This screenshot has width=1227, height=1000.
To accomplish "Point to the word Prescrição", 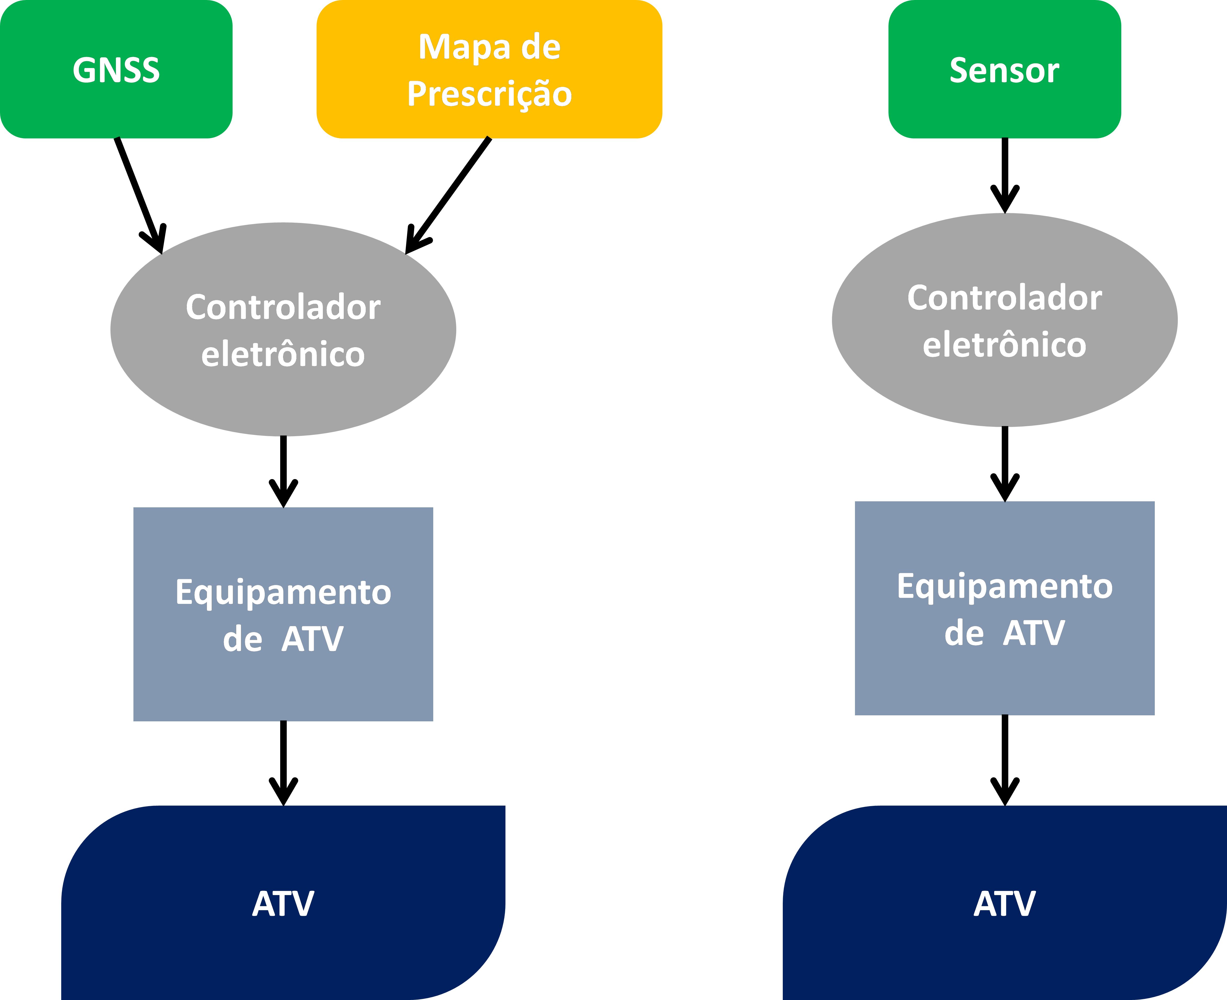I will [x=489, y=94].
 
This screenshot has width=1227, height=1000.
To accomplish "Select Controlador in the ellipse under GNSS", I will [x=283, y=307].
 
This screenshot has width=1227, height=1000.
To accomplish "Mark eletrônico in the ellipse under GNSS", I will [x=283, y=354].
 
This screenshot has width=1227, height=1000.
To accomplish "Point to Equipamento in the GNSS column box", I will [x=283, y=592].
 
